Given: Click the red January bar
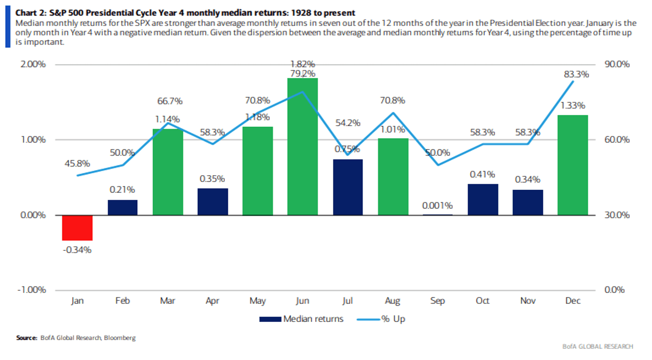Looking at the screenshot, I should click(x=77, y=228).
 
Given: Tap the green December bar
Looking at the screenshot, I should click(x=572, y=165).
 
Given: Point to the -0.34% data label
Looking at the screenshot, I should click(x=77, y=249).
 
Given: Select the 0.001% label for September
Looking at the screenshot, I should click(x=437, y=205).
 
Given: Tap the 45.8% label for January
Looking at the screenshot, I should click(x=77, y=163).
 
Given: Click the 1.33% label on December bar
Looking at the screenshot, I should click(x=572, y=106).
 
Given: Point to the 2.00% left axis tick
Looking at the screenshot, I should click(x=33, y=65).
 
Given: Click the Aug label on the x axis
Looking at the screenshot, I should click(x=392, y=301).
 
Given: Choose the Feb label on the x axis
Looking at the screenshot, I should click(x=122, y=301).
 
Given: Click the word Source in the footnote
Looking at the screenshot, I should click(x=26, y=338).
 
